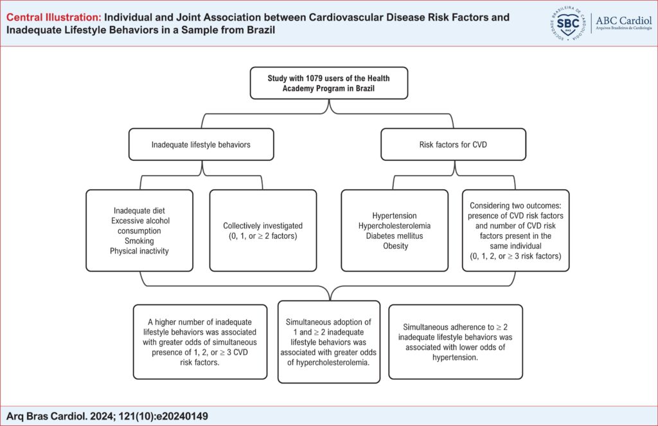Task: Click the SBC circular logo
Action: click(x=568, y=23)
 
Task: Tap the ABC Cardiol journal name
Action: click(x=623, y=21)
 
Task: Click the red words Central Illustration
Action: click(x=54, y=17)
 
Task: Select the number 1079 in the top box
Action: click(x=314, y=78)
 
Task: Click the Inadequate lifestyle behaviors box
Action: click(x=201, y=145)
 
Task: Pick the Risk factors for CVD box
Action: click(x=453, y=145)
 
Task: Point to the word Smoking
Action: click(x=139, y=241)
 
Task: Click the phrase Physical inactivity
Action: click(x=139, y=251)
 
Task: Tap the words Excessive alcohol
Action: click(x=141, y=221)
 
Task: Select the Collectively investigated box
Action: click(x=263, y=230)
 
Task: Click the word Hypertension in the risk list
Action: click(x=395, y=216)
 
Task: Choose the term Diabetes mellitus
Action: click(x=395, y=236)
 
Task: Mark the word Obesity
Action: click(x=395, y=246)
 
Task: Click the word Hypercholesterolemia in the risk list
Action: click(x=395, y=226)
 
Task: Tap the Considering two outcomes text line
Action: click(x=515, y=205)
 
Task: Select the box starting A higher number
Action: click(x=200, y=342)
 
